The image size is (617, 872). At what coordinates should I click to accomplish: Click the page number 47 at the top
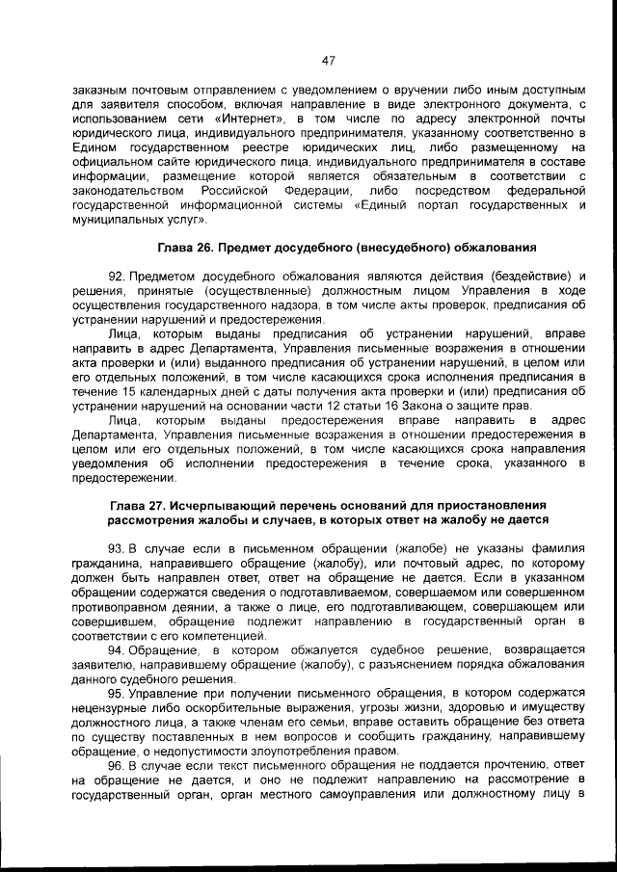[327, 60]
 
